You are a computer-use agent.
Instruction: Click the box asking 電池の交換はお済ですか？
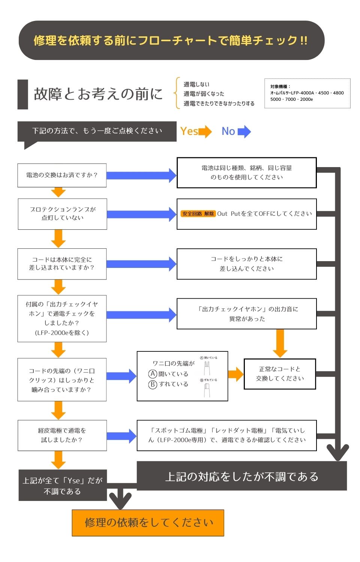click(62, 175)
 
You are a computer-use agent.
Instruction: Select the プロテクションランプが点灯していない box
click(62, 214)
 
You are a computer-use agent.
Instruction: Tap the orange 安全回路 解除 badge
click(198, 214)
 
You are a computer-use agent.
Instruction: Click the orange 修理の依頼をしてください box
click(148, 522)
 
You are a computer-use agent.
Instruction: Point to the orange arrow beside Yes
click(205, 132)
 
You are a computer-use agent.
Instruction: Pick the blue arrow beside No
click(244, 132)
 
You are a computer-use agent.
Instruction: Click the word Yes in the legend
click(189, 132)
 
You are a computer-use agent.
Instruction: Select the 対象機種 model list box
click(307, 93)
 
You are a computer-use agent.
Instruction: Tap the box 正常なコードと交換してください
click(280, 374)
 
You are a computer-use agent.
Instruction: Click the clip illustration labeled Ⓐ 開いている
click(207, 367)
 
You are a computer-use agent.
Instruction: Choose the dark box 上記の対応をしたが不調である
click(241, 476)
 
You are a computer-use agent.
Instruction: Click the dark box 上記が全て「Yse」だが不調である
click(63, 485)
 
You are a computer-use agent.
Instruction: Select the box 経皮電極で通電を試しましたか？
click(62, 435)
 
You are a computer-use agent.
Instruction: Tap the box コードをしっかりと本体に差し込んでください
click(246, 264)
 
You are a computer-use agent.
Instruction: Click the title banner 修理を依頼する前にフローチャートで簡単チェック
click(171, 40)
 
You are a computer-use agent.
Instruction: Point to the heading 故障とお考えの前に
click(98, 94)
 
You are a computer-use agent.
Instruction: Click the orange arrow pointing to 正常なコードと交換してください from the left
click(235, 374)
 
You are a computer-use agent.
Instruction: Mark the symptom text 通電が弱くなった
click(204, 94)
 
